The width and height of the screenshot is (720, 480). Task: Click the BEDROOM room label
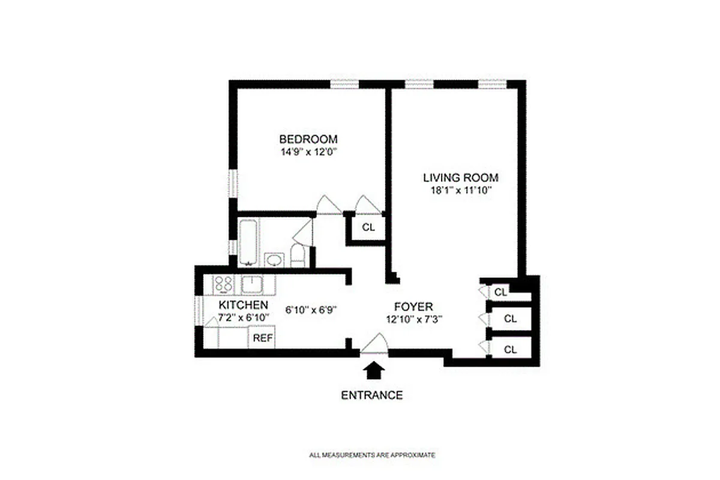tap(308, 139)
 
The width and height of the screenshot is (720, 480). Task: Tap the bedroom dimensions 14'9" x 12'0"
tap(308, 152)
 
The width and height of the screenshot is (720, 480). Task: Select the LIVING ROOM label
tap(461, 178)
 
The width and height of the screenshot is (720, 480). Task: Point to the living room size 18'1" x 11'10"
tap(461, 190)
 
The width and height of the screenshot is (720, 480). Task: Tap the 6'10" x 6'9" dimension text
tap(311, 310)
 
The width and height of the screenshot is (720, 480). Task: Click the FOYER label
tap(413, 305)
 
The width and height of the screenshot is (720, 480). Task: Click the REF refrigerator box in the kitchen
tap(263, 338)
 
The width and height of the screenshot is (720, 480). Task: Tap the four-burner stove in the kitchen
tap(224, 283)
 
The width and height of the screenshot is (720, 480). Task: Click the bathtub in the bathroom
tap(248, 242)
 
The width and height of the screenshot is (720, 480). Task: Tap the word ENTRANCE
tap(372, 395)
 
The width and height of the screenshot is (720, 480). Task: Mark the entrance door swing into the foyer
tap(376, 345)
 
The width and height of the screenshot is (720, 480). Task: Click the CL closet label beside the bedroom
tap(368, 227)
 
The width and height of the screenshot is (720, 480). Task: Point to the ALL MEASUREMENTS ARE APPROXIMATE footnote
tap(372, 455)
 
